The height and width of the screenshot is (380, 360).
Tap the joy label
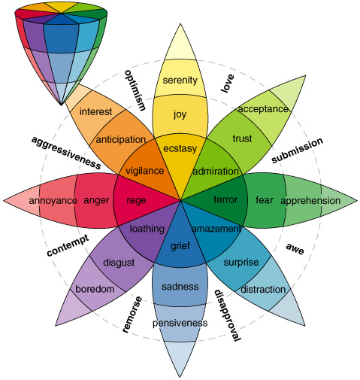tap(179, 115)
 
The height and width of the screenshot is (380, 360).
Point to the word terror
tap(225, 200)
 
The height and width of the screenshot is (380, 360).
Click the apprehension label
tap(311, 201)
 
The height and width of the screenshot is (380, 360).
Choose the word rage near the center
tap(137, 200)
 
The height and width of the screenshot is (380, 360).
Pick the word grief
tap(180, 245)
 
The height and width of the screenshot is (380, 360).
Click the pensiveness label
tap(179, 323)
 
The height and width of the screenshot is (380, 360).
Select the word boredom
tap(94, 289)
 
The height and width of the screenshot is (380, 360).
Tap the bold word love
tap(227, 87)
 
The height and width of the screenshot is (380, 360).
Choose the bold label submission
tap(297, 150)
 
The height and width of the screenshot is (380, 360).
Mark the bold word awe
tap(295, 246)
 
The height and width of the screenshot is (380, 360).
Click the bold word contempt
tap(67, 246)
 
